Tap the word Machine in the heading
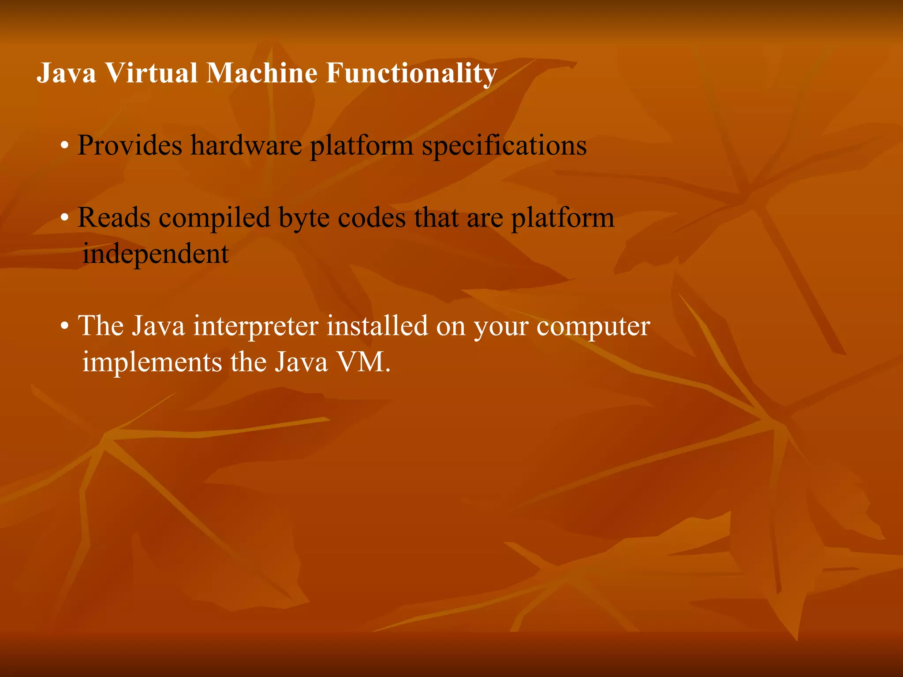(261, 73)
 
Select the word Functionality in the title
(411, 74)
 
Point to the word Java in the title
(66, 73)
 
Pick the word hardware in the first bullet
(246, 145)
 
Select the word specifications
(504, 146)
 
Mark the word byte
(304, 219)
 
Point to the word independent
(156, 254)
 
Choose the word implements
(152, 363)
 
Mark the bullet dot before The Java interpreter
(65, 327)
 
